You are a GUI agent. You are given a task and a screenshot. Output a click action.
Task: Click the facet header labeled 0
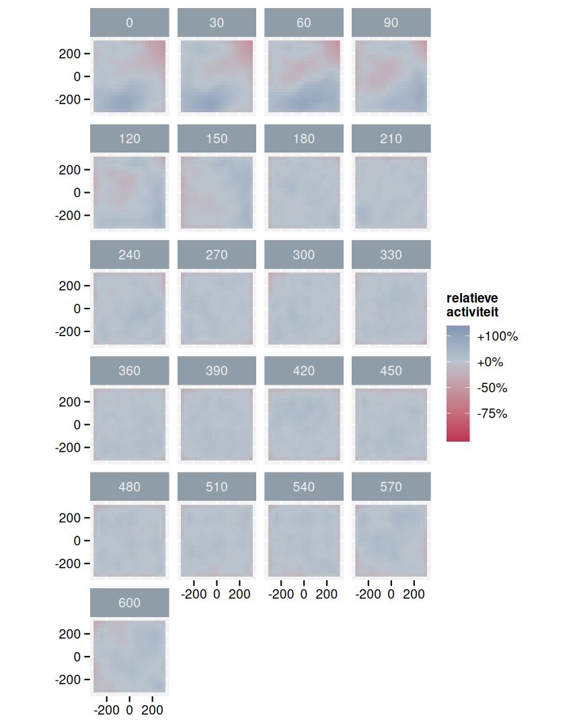coord(129,23)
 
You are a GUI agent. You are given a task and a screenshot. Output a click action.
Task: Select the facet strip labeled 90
coord(391,23)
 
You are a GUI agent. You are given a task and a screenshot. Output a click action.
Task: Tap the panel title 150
coord(217,139)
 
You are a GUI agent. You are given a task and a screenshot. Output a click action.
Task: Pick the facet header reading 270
coord(217,255)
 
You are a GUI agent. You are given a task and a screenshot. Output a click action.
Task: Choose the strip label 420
coord(303,371)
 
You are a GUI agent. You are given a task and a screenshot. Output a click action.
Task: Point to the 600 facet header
coord(129,603)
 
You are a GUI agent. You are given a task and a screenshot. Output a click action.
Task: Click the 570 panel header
coord(391,487)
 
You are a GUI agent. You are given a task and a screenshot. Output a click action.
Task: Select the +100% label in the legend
coord(498,337)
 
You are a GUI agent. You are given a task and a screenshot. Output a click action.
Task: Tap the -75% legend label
coord(492,414)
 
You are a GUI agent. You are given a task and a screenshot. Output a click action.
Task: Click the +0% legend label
coord(490,362)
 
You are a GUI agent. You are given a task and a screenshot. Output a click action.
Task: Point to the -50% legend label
coord(492,389)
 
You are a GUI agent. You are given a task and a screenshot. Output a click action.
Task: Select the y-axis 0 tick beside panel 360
coord(77,425)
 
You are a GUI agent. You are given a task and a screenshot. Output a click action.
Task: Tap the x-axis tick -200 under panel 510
coord(194,594)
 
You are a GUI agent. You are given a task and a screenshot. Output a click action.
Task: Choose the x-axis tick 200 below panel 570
coord(414,594)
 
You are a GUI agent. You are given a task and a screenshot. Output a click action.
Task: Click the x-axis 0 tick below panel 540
coord(303,594)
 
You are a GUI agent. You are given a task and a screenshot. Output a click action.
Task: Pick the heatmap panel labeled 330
coord(391,309)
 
